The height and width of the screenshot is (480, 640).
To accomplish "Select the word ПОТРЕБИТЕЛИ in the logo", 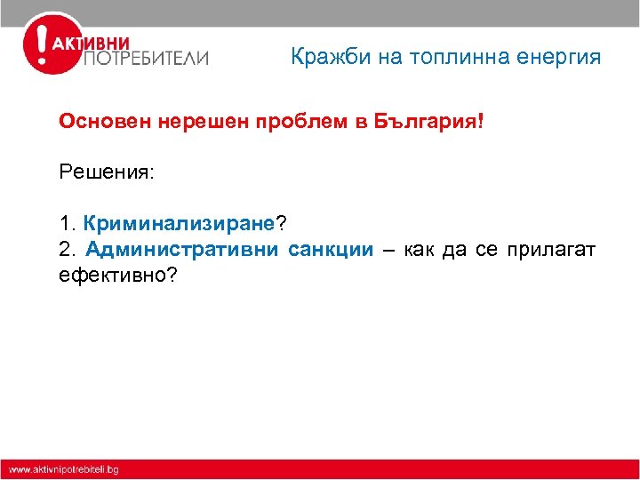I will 146,59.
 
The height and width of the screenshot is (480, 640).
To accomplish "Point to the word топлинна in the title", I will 457,58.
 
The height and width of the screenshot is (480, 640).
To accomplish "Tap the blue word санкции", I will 331,249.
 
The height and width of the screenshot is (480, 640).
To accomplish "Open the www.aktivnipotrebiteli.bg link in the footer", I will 64,469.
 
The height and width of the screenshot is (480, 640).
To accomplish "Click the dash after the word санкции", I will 388,250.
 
